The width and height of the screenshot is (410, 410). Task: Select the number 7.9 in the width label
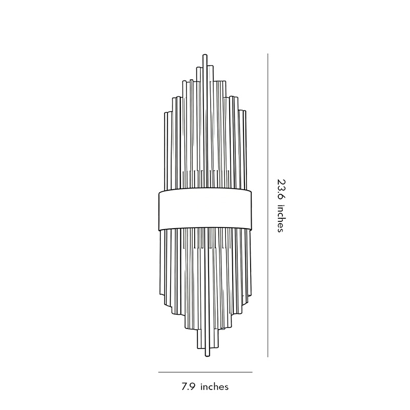click(x=189, y=386)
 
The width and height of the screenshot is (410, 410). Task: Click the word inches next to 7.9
click(x=214, y=386)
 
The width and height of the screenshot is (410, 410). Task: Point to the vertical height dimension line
click(x=268, y=205)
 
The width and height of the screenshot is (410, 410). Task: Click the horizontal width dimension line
click(x=205, y=372)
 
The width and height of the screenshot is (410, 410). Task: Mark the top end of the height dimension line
click(x=268, y=54)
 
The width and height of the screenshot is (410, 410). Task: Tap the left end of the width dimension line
click(x=158, y=372)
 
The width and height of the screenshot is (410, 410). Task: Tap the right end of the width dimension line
click(x=252, y=372)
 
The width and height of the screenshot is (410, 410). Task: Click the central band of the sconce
click(x=205, y=210)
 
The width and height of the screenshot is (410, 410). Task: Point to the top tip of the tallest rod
click(x=206, y=54)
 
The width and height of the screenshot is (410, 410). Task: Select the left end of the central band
click(x=159, y=210)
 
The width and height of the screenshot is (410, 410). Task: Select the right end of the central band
click(x=251, y=210)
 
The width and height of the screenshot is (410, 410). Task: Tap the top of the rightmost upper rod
click(x=245, y=112)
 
